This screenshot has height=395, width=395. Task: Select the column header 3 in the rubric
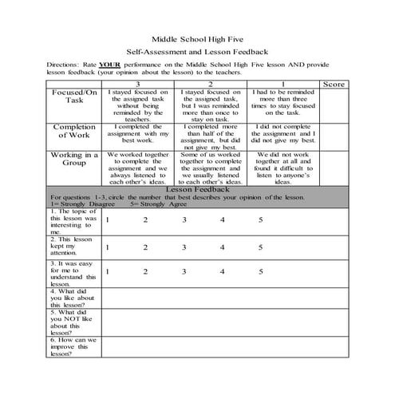(138, 83)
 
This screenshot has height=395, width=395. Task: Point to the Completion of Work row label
(74, 131)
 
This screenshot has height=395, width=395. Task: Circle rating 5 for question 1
(260, 219)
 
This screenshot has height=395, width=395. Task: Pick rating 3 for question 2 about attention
(184, 247)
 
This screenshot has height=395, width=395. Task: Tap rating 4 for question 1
(223, 219)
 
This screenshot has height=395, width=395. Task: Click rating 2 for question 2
(145, 247)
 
